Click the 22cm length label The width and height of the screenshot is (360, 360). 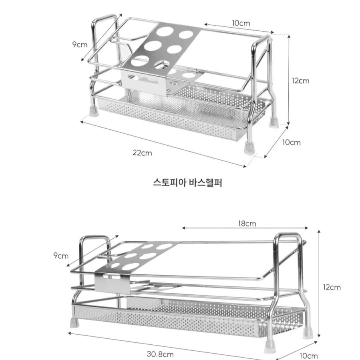tap(142, 153)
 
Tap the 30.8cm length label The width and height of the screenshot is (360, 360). tap(160, 354)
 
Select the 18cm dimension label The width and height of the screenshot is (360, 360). tap(247, 223)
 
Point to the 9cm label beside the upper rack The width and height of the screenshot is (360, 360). tap(80, 44)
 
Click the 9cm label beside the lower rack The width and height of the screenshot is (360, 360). tap(61, 256)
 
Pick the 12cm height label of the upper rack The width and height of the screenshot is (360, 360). tap(301, 81)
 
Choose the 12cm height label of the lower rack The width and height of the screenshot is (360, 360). tap(332, 287)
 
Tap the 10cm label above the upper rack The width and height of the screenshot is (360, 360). tap(241, 23)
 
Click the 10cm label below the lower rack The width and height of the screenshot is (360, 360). tap(309, 356)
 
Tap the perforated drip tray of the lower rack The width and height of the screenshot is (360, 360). tap(188, 319)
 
